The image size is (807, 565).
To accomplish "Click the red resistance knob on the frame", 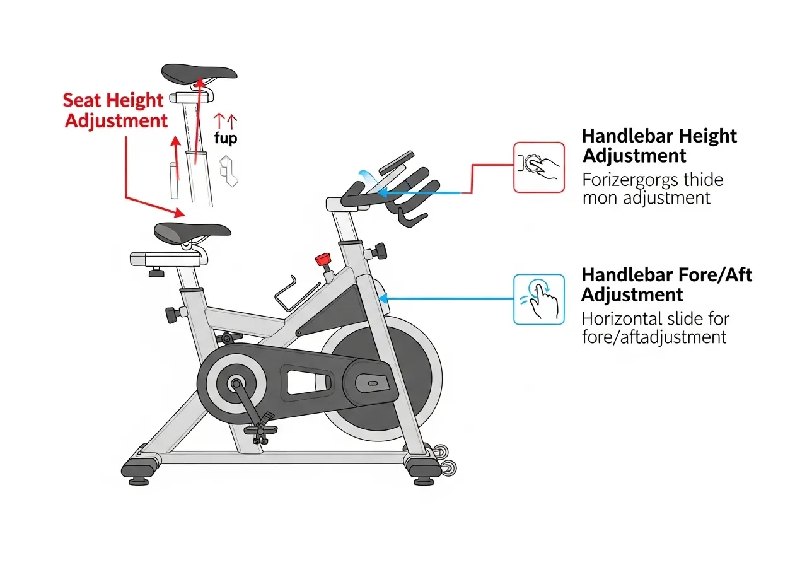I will pyautogui.click(x=324, y=259).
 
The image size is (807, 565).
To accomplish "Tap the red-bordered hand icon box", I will pyautogui.click(x=539, y=166).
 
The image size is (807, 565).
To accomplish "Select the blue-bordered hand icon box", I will pyautogui.click(x=539, y=299).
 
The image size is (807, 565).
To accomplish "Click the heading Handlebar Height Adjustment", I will pyautogui.click(x=659, y=146).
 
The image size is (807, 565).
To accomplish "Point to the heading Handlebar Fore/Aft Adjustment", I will pyautogui.click(x=666, y=284).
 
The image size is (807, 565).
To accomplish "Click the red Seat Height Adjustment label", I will pyautogui.click(x=115, y=110).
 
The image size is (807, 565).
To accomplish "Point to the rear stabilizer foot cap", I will pyautogui.click(x=139, y=469).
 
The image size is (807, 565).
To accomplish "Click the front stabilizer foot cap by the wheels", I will pyautogui.click(x=424, y=468).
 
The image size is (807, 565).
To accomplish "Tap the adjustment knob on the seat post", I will pyautogui.click(x=171, y=313).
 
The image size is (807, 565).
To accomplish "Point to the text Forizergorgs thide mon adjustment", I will pyautogui.click(x=652, y=189).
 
